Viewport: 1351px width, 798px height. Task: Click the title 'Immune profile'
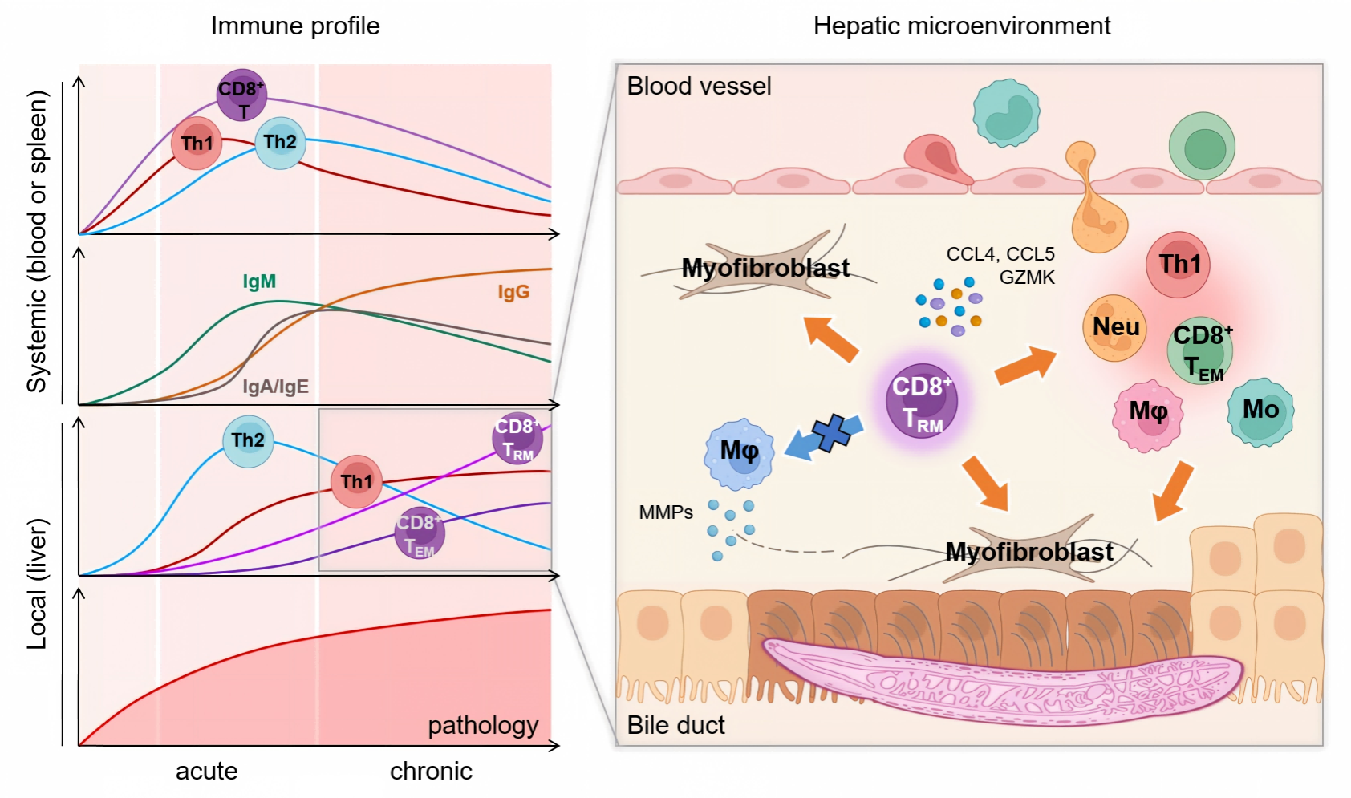[x=295, y=26]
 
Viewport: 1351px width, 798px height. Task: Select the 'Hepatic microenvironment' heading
[x=962, y=26]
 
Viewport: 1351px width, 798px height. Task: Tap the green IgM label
[x=259, y=282]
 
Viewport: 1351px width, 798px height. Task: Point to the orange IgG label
[x=514, y=292]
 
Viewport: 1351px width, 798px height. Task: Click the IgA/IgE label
[x=276, y=387]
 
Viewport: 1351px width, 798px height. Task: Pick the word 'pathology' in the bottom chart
[x=483, y=726]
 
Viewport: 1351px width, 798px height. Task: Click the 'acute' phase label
[x=207, y=771]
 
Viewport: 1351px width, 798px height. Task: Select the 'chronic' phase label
[x=432, y=771]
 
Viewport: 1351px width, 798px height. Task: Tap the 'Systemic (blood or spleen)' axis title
[x=37, y=241]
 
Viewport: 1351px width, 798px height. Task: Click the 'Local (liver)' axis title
[x=37, y=584]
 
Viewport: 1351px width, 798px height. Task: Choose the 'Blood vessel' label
[x=699, y=86]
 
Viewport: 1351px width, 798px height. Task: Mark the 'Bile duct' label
[x=675, y=725]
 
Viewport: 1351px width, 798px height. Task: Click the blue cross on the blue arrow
[x=832, y=433]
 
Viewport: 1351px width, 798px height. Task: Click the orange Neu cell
[x=1114, y=328]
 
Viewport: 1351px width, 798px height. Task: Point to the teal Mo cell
[x=1260, y=412]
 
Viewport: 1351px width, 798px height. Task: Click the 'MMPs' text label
[x=666, y=512]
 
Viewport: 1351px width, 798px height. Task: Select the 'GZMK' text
[x=1027, y=277]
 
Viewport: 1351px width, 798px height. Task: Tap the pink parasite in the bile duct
[x=1001, y=681]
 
